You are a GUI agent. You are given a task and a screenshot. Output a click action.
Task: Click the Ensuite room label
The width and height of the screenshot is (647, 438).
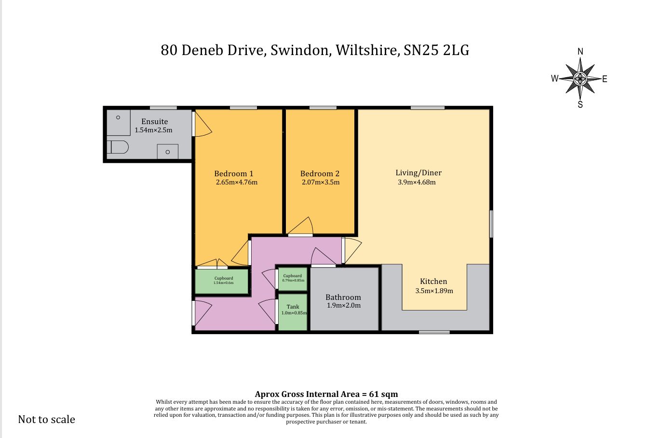coord(155,122)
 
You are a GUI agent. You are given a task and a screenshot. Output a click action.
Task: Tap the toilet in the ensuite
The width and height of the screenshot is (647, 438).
coord(118,147)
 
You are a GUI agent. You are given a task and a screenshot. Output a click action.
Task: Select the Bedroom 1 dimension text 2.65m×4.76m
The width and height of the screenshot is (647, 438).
coord(237,182)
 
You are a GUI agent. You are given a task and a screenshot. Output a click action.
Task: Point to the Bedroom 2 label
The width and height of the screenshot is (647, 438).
coord(320,173)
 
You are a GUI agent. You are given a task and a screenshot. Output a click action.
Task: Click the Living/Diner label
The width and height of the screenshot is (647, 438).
coord(418,173)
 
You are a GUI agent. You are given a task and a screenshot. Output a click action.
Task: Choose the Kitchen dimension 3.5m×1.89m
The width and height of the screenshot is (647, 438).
coord(434,291)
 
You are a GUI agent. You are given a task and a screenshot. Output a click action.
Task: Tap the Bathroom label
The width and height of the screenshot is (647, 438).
coord(343,297)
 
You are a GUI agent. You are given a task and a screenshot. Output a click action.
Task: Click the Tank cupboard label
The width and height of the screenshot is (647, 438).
coord(293,307)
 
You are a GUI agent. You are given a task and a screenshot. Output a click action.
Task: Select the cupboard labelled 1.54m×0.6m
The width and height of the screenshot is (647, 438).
coord(222,282)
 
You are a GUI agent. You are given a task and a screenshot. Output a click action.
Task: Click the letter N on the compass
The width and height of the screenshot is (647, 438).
coord(580,52)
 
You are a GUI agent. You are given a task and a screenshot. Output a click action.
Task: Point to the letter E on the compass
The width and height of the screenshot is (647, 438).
coord(605,79)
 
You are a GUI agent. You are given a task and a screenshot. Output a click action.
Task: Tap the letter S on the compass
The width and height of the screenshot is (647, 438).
coord(580,104)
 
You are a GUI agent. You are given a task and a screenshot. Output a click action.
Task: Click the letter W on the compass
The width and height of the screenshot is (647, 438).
coord(555,78)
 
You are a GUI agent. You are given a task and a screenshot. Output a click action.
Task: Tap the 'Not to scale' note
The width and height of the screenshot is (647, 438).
coord(46,420)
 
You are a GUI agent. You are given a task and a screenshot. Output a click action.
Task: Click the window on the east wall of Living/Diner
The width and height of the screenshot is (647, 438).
coord(491,224)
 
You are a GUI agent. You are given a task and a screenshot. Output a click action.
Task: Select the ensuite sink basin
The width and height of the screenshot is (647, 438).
coord(167,152)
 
